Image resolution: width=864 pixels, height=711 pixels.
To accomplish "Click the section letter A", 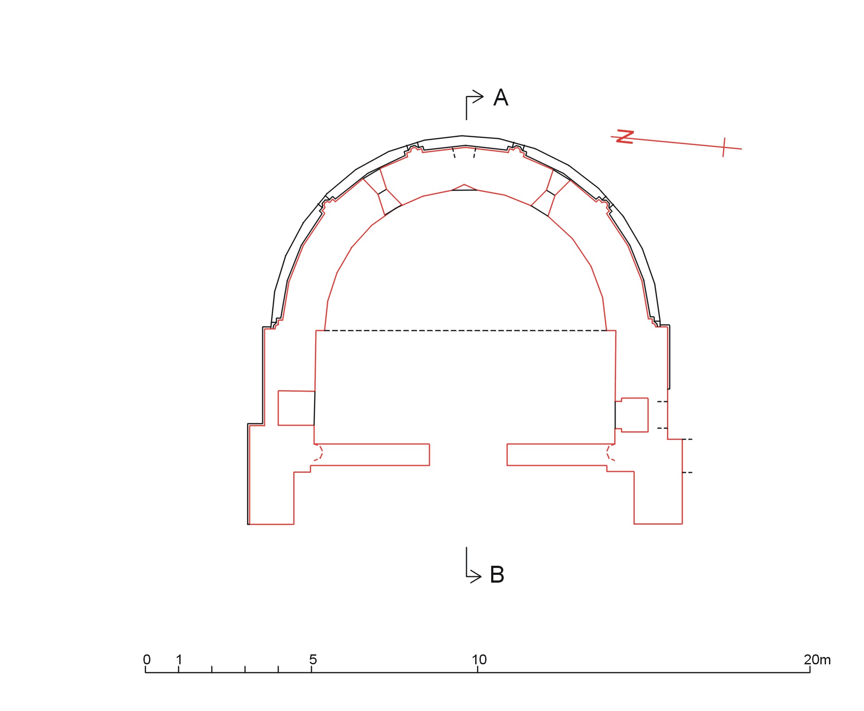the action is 501,98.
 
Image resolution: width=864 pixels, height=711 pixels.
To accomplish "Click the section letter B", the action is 497,575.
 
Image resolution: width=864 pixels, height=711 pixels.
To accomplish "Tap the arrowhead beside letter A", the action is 478,96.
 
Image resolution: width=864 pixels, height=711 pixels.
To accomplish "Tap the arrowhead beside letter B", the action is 476,576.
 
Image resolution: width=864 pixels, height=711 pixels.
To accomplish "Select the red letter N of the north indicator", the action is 625,137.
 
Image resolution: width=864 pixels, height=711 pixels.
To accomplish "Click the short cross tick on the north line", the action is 724,147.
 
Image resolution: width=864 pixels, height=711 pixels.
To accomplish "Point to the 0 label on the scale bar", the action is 147,660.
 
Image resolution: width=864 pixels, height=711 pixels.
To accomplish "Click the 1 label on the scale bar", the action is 179,660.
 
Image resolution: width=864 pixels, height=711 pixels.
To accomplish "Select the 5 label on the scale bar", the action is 313,660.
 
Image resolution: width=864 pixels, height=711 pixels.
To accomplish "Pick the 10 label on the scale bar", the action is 479,660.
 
